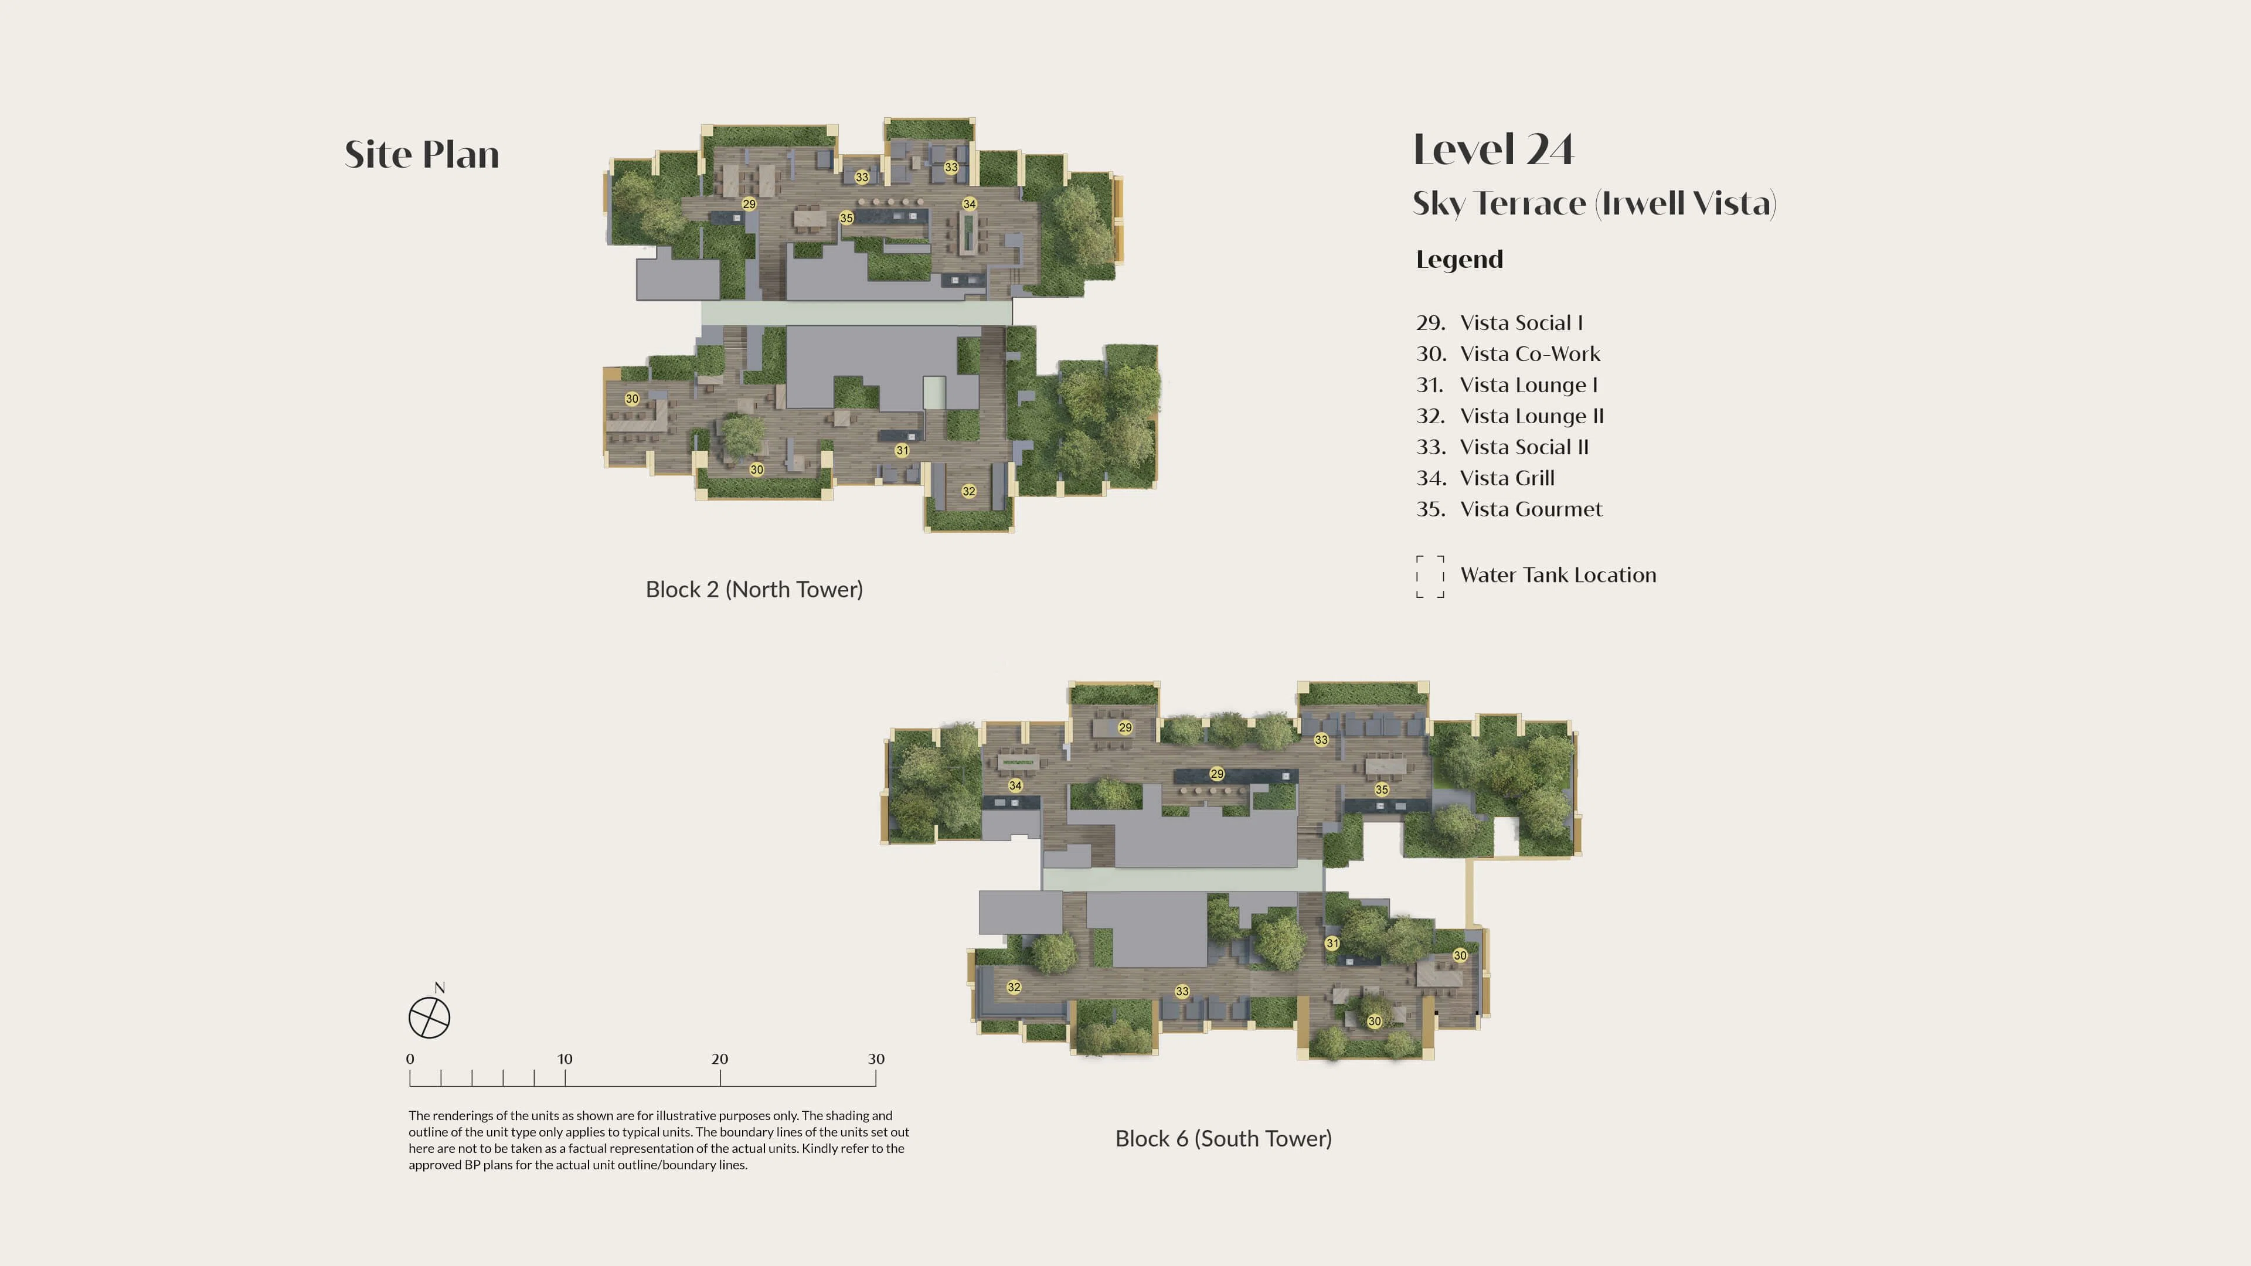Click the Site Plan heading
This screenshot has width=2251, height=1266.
point(422,155)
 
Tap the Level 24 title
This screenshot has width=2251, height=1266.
point(1494,149)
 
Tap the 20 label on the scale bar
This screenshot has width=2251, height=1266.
point(719,1059)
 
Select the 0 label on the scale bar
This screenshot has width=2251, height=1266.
point(410,1059)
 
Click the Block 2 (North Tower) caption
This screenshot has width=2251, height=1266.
point(754,590)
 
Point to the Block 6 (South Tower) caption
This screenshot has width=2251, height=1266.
point(1223,1138)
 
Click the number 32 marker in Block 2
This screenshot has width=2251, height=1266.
point(968,491)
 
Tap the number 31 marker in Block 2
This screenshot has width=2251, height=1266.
point(902,451)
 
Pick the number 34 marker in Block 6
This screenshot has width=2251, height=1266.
point(1015,785)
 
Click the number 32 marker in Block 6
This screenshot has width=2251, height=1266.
point(1014,987)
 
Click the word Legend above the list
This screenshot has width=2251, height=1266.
point(1459,260)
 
